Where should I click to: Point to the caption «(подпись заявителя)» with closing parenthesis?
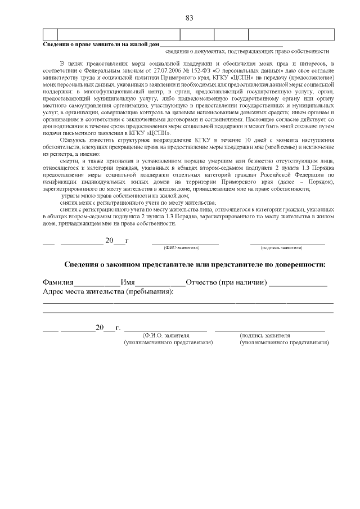click(x=281, y=247)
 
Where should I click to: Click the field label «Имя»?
click(x=128, y=282)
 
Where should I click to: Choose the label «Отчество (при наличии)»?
click(x=227, y=282)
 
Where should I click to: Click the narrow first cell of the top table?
click(x=49, y=34)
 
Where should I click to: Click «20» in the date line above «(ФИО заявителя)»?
click(x=110, y=241)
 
